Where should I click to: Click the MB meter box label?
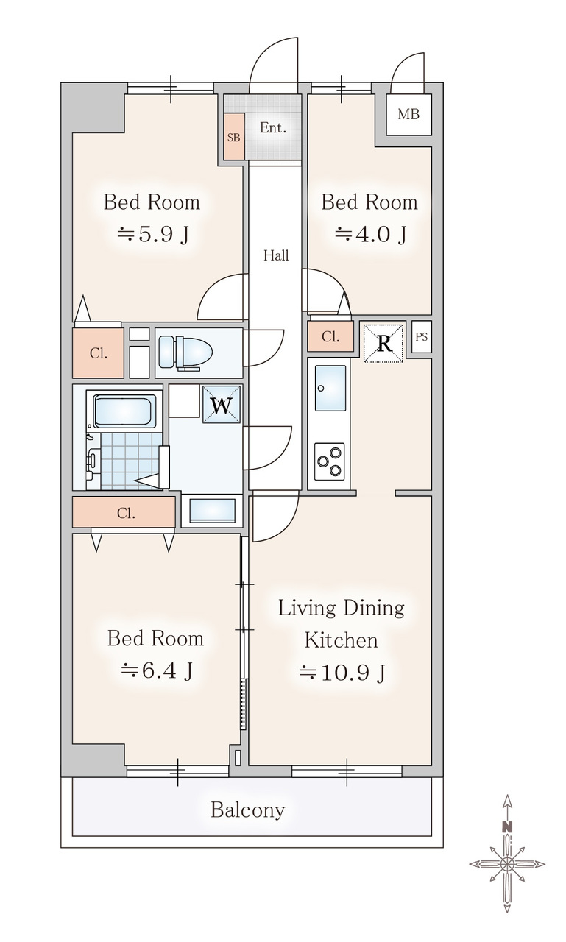click(x=408, y=114)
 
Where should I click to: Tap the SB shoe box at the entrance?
click(x=234, y=137)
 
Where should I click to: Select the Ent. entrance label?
click(x=273, y=127)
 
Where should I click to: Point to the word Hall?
click(x=276, y=255)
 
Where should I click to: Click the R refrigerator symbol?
click(x=383, y=343)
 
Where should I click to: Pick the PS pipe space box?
click(x=421, y=336)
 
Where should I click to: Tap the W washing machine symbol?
click(x=222, y=405)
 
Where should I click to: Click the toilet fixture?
click(x=185, y=353)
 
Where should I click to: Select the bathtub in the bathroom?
click(x=123, y=411)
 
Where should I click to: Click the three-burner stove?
click(x=329, y=461)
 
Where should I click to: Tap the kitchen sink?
click(x=330, y=388)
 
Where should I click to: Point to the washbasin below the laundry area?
click(x=213, y=511)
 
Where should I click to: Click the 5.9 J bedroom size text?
click(x=152, y=234)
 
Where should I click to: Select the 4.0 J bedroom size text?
click(x=370, y=234)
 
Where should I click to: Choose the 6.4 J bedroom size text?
click(x=156, y=670)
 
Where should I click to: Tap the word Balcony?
click(x=248, y=809)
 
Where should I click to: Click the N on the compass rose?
click(x=508, y=826)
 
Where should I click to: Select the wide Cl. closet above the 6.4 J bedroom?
click(x=124, y=512)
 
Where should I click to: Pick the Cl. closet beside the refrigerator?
click(x=330, y=336)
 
